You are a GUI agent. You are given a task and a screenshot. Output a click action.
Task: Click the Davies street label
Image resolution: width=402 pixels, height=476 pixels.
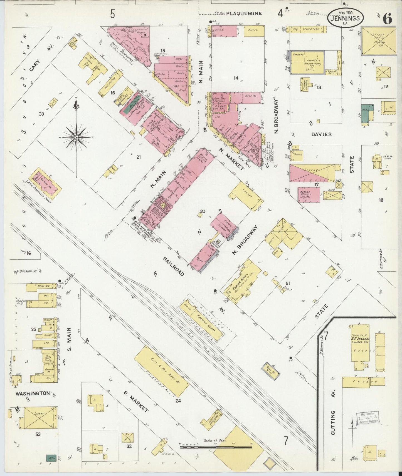[321, 134]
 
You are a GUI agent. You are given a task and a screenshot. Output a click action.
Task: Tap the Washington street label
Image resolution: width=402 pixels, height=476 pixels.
[33, 393]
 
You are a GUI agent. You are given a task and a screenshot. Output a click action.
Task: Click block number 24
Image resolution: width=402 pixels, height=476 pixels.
[178, 400]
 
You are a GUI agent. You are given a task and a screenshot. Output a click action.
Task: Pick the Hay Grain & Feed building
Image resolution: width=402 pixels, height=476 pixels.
[308, 28]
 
